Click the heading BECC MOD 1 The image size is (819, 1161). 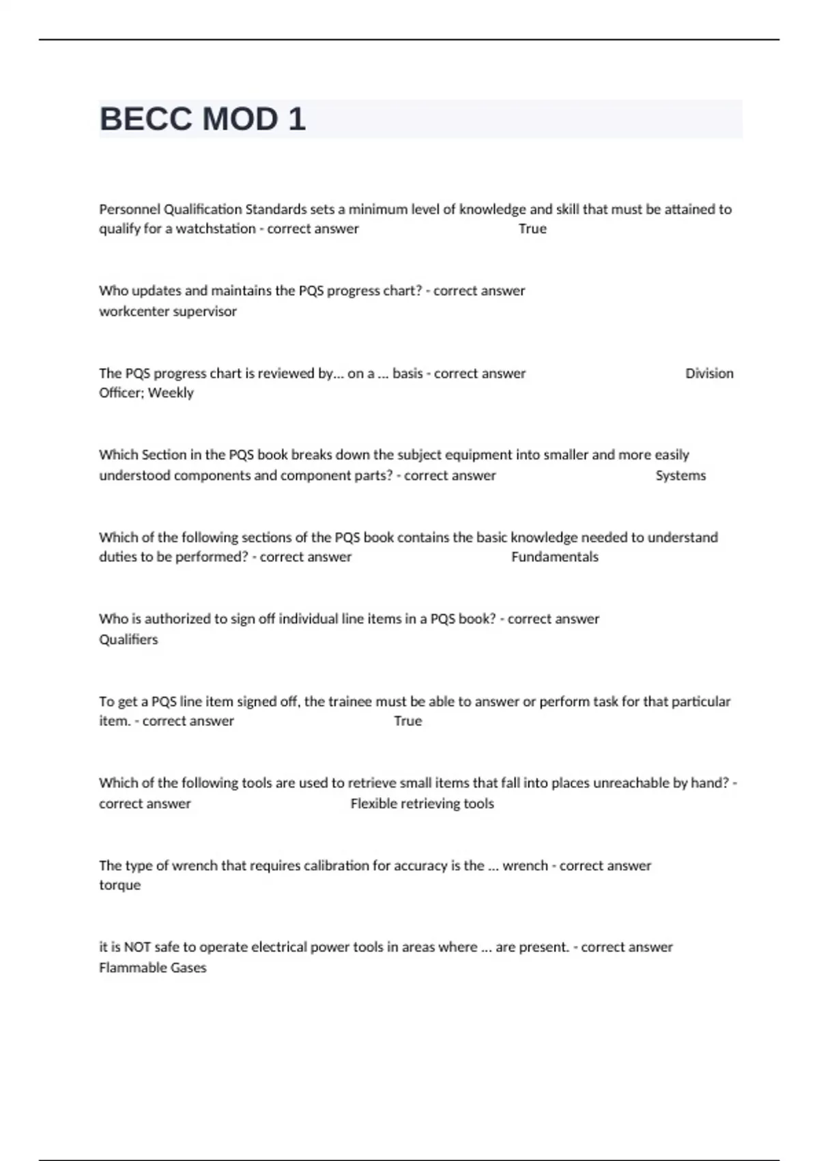(203, 120)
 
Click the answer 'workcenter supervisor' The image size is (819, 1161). (168, 311)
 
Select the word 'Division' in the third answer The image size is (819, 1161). (709, 374)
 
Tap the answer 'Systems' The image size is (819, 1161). (680, 475)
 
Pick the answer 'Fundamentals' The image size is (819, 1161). (554, 557)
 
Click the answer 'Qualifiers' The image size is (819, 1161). (128, 639)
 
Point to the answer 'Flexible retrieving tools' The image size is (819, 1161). (422, 804)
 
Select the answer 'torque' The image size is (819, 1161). (119, 885)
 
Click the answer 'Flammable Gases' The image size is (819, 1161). (152, 968)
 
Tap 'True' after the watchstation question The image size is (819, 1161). (532, 229)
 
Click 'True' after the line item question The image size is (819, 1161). (407, 721)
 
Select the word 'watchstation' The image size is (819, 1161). (216, 229)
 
